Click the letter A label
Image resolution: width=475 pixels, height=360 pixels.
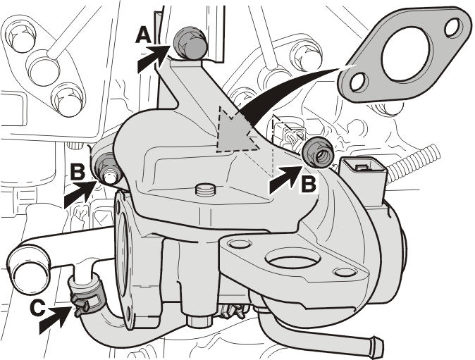(143, 35)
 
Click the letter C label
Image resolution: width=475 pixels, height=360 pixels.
(38, 309)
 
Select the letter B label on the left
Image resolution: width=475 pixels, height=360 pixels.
(78, 172)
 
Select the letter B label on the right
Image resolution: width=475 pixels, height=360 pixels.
(309, 184)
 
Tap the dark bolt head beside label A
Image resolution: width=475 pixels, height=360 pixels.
(190, 43)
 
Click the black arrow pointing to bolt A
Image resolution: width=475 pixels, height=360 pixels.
(154, 58)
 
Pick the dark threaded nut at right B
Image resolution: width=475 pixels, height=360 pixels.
(319, 152)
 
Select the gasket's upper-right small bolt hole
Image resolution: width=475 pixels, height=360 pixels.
(453, 28)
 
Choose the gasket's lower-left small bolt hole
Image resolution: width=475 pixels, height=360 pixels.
(359, 82)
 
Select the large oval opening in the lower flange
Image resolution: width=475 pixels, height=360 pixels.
(292, 259)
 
